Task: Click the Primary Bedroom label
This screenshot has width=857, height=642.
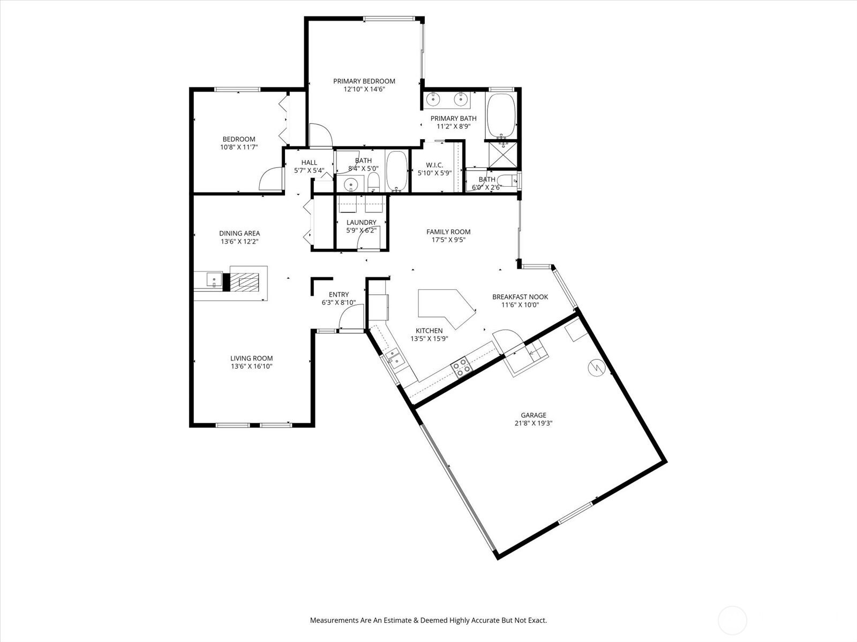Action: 364,81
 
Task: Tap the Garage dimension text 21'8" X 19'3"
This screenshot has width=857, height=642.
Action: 533,423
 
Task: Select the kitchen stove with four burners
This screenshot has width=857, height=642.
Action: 461,367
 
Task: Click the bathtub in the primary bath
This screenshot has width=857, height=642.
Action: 500,116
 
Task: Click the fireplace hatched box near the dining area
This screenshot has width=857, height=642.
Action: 244,282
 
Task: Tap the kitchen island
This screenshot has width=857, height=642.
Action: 445,307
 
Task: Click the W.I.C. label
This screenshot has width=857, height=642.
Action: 434,165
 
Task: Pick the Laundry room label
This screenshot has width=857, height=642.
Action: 361,222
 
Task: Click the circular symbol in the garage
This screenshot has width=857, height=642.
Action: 596,367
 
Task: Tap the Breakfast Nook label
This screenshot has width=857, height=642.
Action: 520,296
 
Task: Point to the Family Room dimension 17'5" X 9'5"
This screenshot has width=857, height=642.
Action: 448,240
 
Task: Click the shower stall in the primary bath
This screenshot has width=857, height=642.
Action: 503,155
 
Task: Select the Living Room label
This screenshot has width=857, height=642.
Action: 251,358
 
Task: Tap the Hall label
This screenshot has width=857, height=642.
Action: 309,163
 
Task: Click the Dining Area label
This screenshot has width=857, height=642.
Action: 239,233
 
